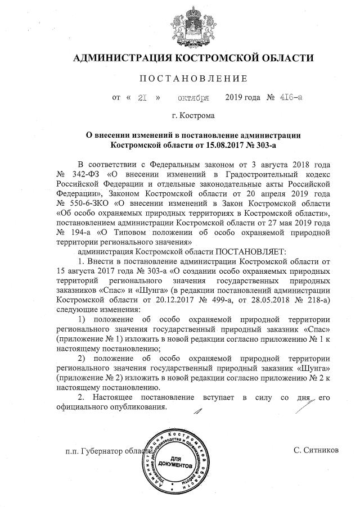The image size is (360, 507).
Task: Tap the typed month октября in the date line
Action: [x=193, y=98]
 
